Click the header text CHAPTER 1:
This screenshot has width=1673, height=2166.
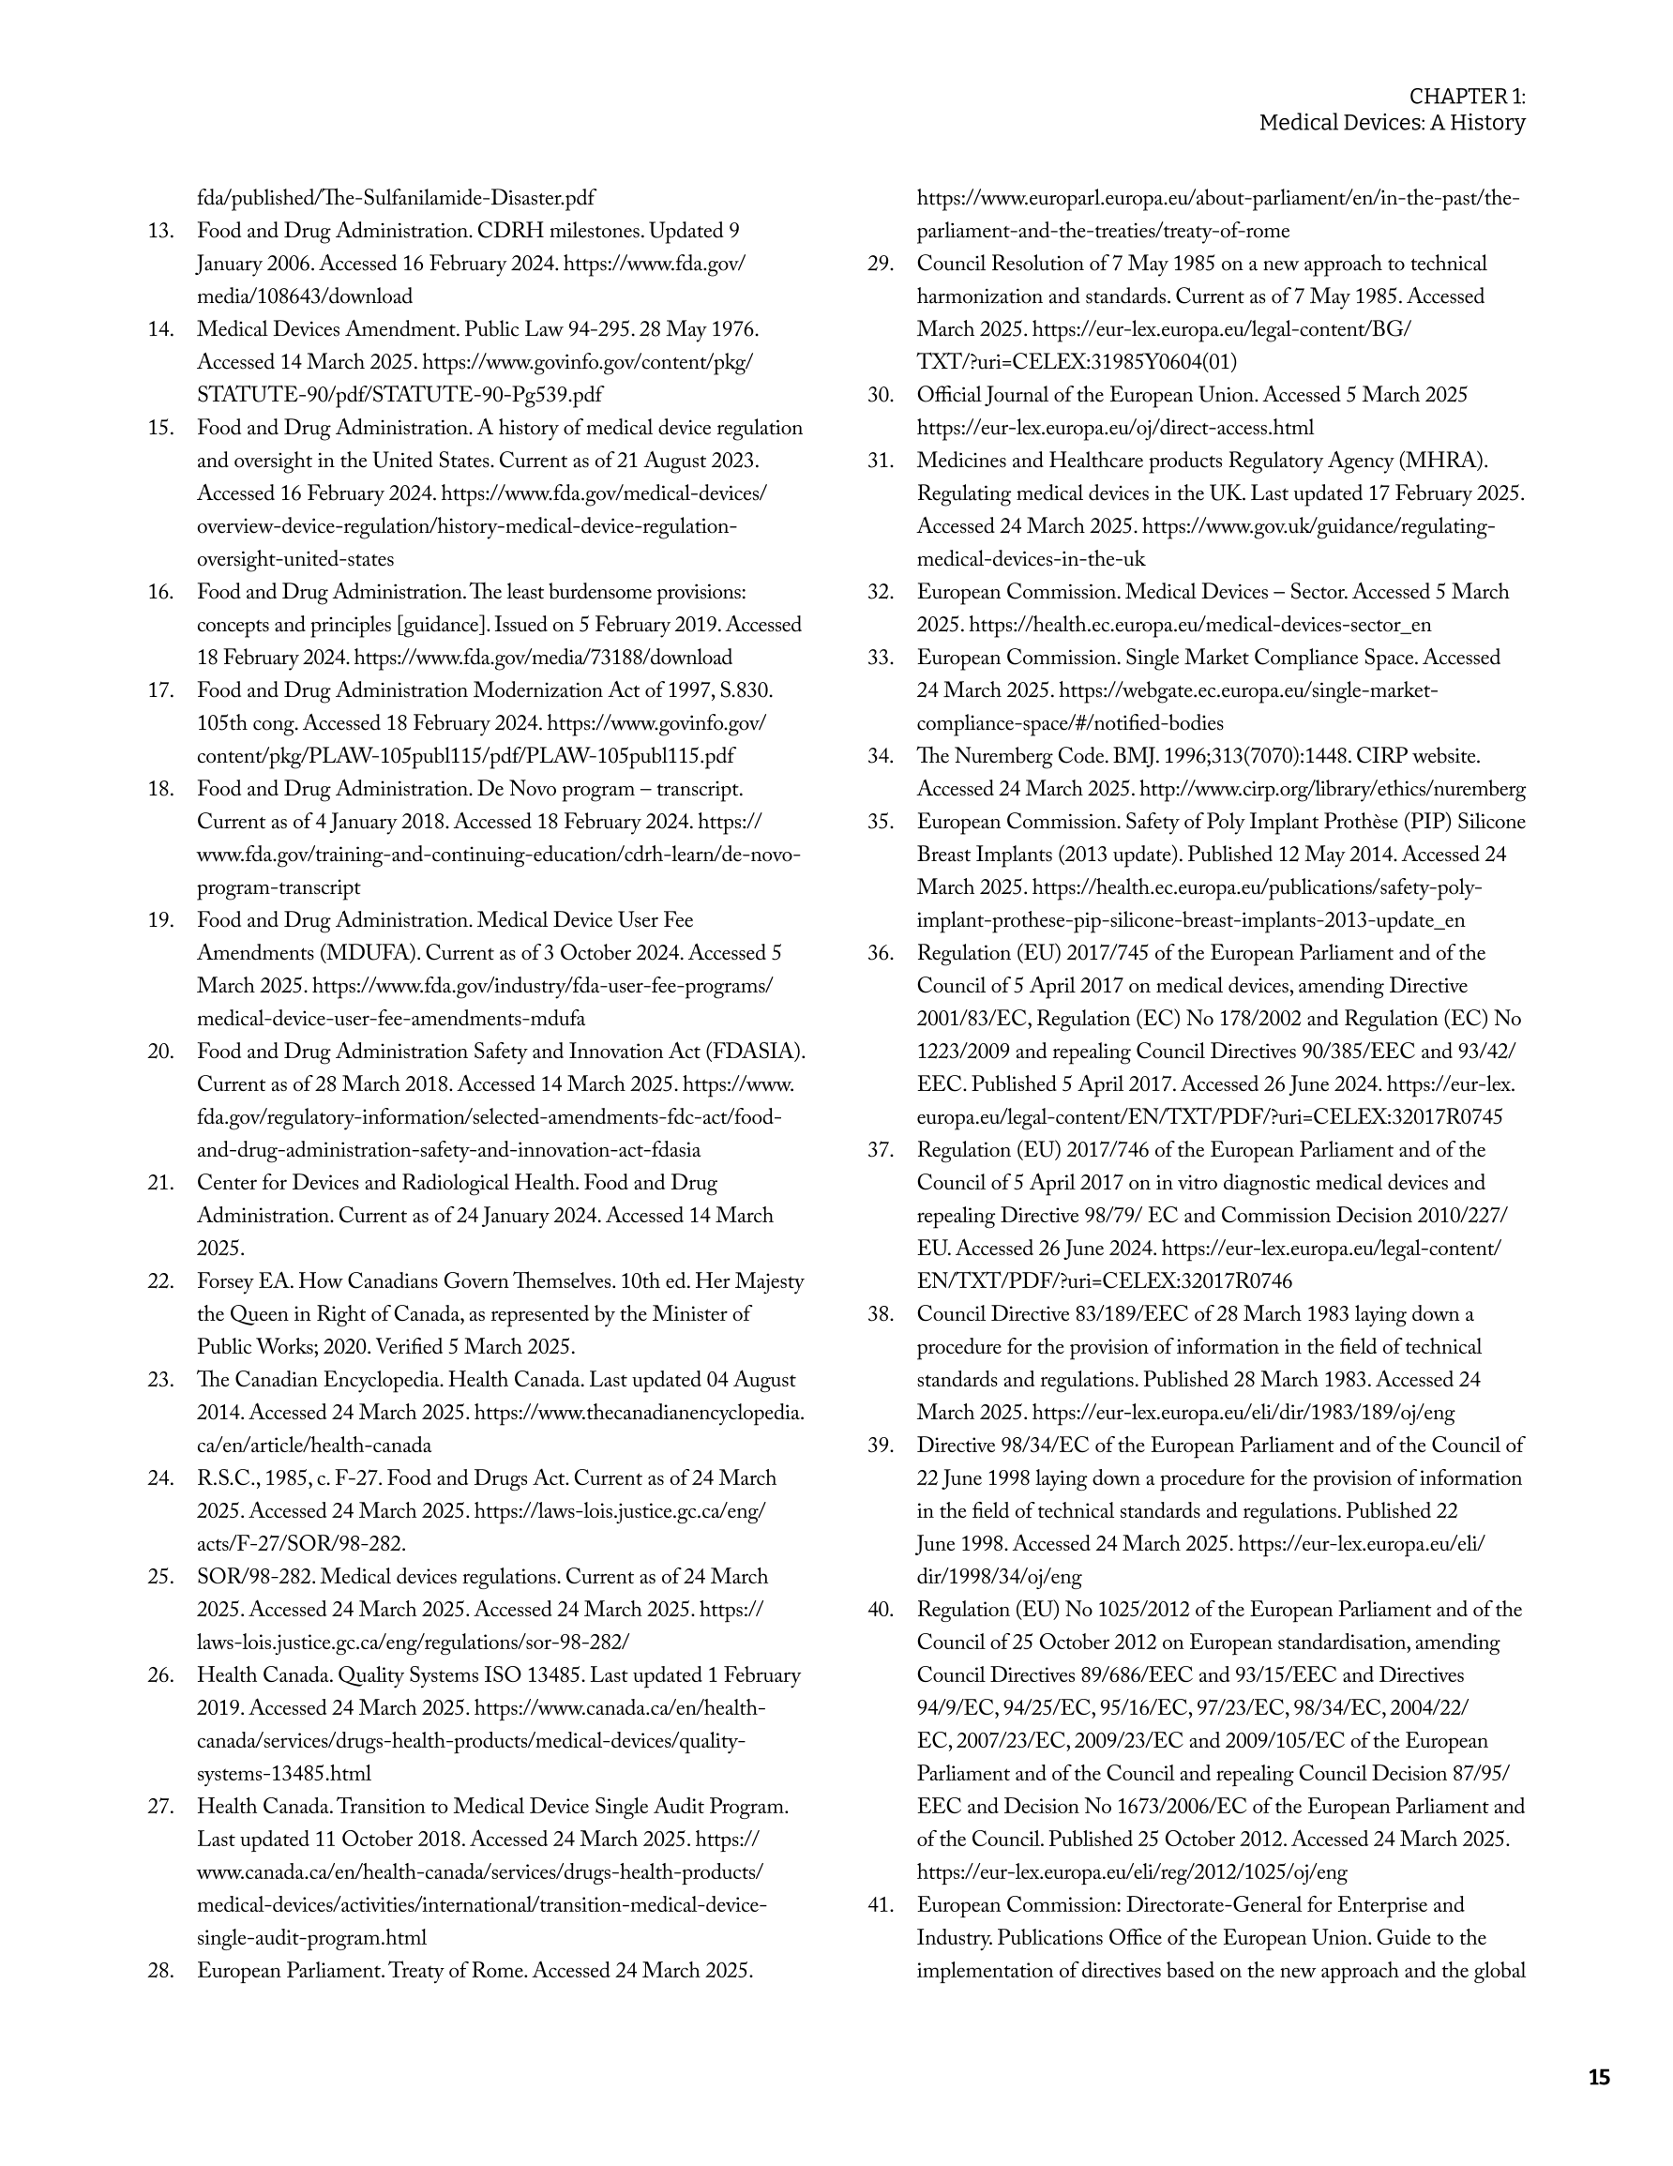(x=1467, y=97)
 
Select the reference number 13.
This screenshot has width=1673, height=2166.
(x=160, y=231)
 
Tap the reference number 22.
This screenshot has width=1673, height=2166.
(x=160, y=1281)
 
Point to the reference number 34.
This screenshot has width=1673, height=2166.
(x=881, y=757)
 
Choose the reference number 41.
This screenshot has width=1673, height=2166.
(x=881, y=1905)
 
